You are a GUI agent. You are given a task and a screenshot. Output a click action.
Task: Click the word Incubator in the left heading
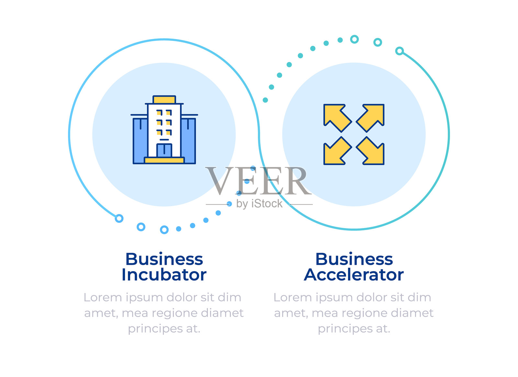(x=164, y=275)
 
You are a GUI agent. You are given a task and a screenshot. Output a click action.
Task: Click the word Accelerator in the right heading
(x=354, y=275)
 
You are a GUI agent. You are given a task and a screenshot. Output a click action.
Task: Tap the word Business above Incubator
(x=164, y=259)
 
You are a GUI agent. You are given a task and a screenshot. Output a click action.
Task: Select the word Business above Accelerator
(x=354, y=259)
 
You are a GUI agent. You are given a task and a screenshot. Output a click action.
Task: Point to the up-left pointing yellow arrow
(x=335, y=116)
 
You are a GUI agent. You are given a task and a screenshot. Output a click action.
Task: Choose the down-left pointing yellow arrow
(x=335, y=152)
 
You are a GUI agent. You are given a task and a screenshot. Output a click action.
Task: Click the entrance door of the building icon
(x=164, y=150)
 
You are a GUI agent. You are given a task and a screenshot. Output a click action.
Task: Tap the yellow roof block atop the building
(x=164, y=100)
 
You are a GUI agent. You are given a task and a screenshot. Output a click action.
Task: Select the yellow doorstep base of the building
(x=164, y=160)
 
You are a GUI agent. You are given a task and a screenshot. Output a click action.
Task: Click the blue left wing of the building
(x=140, y=141)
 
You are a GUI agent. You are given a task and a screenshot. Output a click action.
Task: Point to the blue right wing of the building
(x=188, y=141)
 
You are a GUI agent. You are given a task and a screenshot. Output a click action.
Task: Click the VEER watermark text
(x=258, y=181)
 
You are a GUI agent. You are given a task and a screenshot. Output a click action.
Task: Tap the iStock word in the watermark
(x=267, y=204)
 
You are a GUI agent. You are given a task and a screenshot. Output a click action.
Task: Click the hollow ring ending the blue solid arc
(x=119, y=218)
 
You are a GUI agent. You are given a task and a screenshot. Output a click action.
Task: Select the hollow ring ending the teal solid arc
(x=400, y=51)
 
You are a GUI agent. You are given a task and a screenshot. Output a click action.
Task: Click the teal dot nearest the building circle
(x=265, y=100)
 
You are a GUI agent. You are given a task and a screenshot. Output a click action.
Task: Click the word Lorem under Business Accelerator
(x=288, y=298)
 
